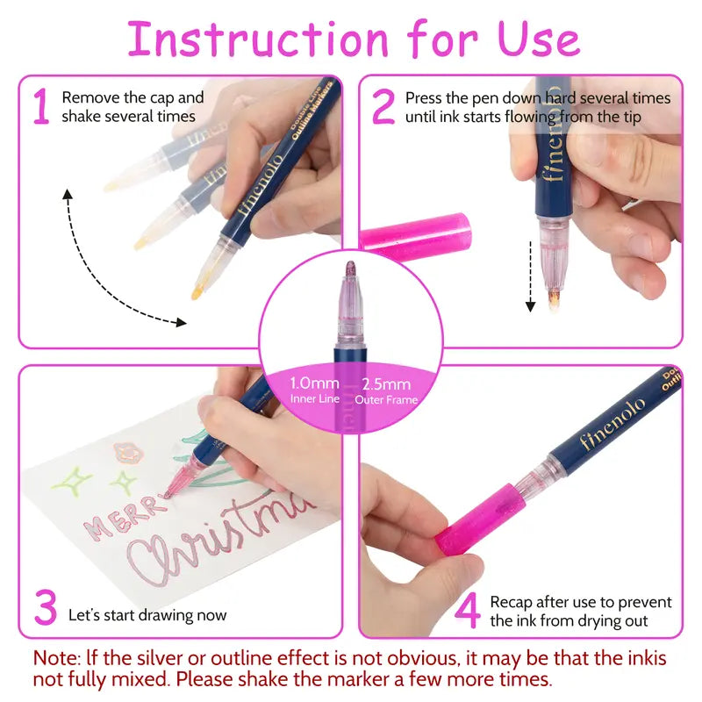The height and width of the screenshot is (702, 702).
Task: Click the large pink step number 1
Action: [40, 106]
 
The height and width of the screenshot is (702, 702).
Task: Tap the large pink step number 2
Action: [383, 106]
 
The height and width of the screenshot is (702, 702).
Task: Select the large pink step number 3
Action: [46, 608]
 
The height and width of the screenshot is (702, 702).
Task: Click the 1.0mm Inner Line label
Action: [314, 390]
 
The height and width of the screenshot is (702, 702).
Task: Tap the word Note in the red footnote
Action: [57, 658]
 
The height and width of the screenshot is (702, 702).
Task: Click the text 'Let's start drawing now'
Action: [147, 615]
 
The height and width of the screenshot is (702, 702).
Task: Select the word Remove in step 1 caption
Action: [89, 97]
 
